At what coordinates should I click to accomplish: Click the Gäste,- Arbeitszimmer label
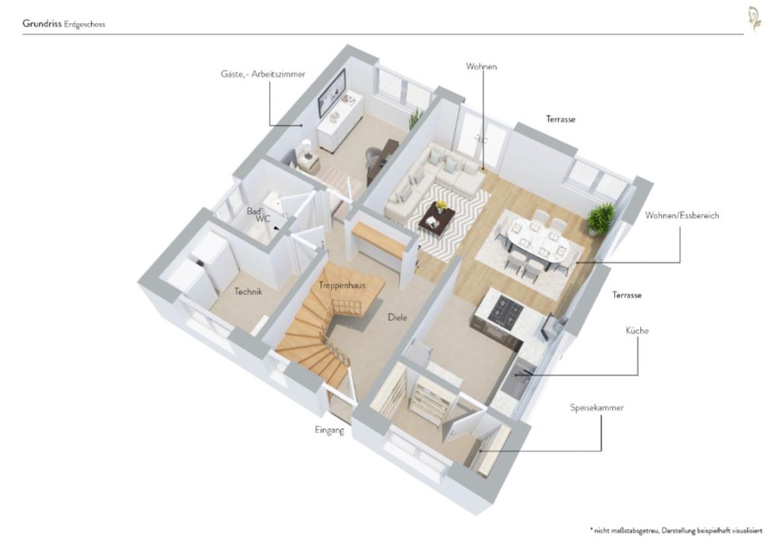263,75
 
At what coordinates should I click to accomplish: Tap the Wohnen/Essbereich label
682,215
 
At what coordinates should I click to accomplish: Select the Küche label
637,330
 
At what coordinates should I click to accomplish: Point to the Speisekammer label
596,407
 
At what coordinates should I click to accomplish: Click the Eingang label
329,430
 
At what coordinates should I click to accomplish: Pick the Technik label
249,291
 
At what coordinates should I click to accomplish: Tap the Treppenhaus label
342,285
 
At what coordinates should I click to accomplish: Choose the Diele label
397,317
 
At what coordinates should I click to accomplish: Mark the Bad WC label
255,215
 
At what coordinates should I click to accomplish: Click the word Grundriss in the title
42,24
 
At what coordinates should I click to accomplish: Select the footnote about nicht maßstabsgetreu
675,530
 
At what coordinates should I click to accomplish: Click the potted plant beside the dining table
600,217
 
